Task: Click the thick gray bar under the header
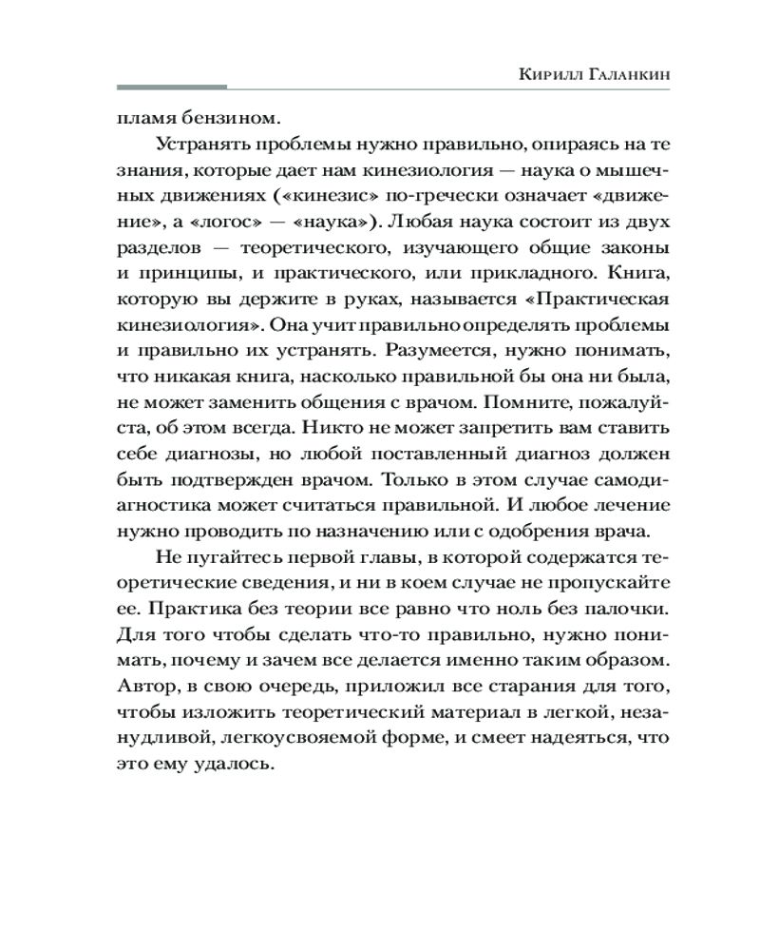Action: [x=171, y=88]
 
